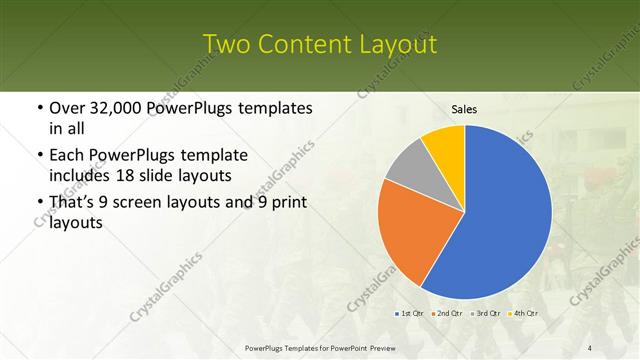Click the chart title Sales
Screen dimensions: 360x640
point(465,107)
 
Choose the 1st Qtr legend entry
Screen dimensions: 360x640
point(411,315)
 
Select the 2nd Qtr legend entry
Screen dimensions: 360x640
point(447,315)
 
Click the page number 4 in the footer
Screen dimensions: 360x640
point(589,347)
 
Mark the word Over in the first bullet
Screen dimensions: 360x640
point(67,108)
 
